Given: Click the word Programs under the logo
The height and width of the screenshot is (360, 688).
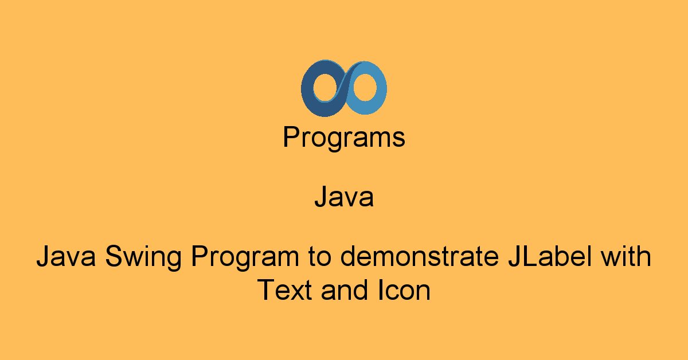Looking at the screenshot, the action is coord(343,138).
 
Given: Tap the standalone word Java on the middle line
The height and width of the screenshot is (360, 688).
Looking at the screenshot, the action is coord(344,197).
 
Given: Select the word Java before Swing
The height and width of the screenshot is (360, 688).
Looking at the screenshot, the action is coord(66,256).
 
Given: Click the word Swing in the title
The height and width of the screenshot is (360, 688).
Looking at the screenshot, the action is coord(143,257).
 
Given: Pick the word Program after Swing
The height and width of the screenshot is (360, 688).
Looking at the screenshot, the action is coord(245,257).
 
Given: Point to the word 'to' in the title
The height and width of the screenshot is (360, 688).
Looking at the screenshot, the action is coord(320,256).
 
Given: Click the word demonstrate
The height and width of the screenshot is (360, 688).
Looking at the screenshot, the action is coord(420,256).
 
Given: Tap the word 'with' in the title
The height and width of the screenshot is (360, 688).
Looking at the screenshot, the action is coord(626,256).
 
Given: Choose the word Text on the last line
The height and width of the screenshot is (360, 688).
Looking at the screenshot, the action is coord(284,289).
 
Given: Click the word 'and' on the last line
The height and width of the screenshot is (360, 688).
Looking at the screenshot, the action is coord(345,289).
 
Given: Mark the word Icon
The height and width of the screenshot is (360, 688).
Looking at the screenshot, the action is coord(404,289).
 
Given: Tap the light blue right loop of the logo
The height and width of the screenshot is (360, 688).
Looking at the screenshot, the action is coord(381,89).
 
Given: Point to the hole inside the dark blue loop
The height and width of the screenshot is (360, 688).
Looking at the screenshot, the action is coord(325,87).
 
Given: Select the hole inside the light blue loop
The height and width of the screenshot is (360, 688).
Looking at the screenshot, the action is coord(365,87).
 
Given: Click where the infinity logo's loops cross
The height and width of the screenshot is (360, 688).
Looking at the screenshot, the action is coord(345,88).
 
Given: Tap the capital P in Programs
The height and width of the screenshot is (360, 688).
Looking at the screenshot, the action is coord(291,136).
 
